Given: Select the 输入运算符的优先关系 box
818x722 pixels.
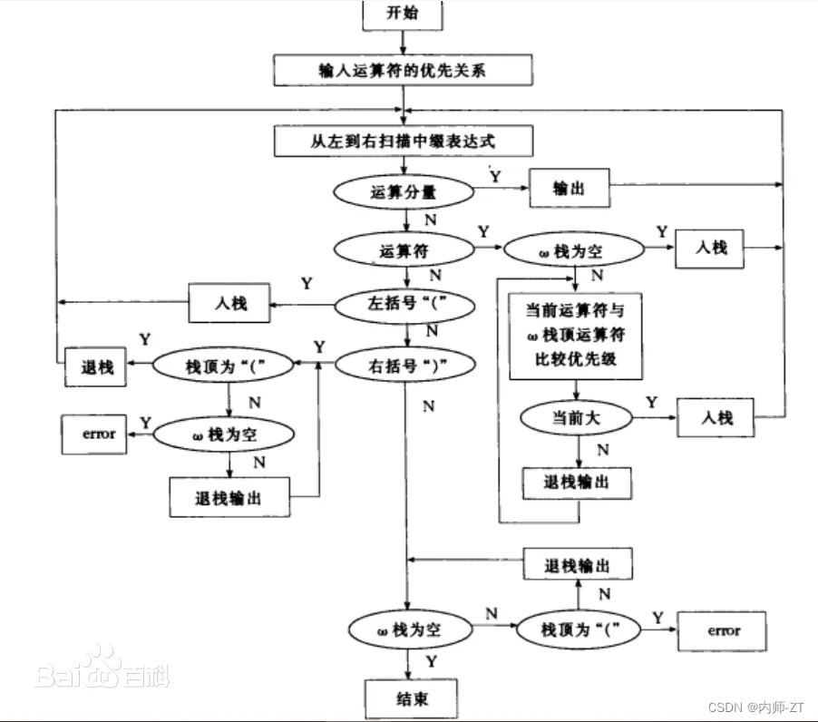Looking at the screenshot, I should (403, 69).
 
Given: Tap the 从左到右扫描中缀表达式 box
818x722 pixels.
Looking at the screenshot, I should (403, 141).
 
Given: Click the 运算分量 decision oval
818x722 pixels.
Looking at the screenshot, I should (404, 191).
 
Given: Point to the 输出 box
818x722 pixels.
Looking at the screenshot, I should (570, 188).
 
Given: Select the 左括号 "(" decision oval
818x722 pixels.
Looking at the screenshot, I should (404, 305).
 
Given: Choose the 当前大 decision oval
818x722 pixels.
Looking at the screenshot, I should (578, 418).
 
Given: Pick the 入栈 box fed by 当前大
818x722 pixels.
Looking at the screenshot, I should (716, 418).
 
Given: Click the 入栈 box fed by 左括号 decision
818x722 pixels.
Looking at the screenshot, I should (230, 303).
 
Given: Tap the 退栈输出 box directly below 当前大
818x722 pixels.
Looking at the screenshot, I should (577, 483).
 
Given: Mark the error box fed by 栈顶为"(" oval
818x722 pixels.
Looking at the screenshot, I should (725, 630).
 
